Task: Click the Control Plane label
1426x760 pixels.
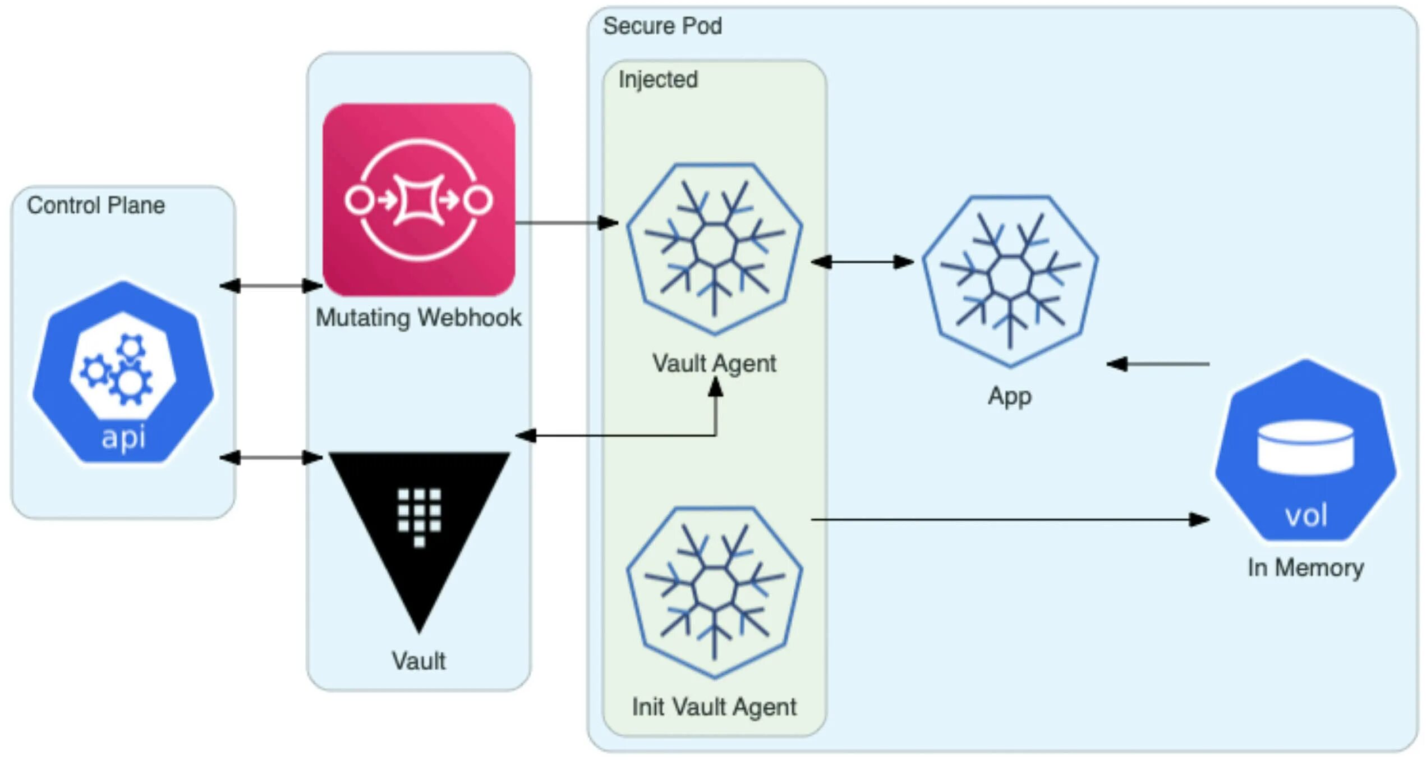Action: [96, 205]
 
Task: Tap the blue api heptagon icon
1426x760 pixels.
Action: [123, 373]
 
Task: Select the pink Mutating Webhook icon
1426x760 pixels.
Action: [418, 199]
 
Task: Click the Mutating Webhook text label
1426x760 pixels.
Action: [418, 318]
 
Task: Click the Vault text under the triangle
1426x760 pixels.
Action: [418, 661]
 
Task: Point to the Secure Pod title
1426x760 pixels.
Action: [662, 26]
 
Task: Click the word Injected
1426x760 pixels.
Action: [658, 80]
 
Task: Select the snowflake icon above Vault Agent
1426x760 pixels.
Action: [714, 249]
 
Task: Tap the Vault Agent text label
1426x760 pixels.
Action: [714, 364]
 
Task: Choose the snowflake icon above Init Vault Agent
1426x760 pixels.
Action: [714, 593]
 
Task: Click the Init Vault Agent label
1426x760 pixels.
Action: [714, 707]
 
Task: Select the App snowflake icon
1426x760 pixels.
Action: [1010, 281]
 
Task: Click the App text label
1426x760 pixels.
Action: [1010, 396]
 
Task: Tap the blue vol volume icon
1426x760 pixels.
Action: [1305, 452]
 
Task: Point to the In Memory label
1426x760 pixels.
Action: [1305, 567]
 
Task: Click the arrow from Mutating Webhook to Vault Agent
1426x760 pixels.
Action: [567, 223]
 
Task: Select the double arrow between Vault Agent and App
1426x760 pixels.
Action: [862, 262]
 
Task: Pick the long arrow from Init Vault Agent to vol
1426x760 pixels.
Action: [1010, 520]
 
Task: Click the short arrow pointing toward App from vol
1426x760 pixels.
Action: [1158, 364]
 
